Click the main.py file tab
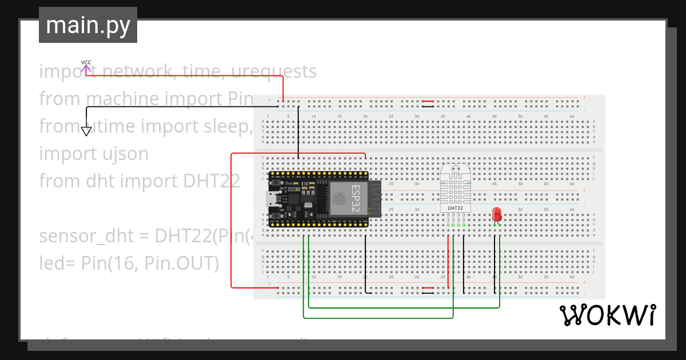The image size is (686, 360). [87, 25]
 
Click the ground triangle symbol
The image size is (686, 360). [86, 131]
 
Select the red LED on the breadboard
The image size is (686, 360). [497, 215]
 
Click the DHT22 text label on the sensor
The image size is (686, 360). [456, 209]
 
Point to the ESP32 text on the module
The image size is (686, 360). [356, 197]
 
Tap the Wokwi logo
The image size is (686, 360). [608, 315]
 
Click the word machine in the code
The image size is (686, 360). [122, 99]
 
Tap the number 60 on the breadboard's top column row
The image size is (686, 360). [572, 117]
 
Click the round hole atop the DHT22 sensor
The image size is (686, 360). [456, 169]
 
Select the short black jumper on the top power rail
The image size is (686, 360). [427, 104]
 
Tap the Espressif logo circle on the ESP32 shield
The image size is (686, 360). [338, 198]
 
